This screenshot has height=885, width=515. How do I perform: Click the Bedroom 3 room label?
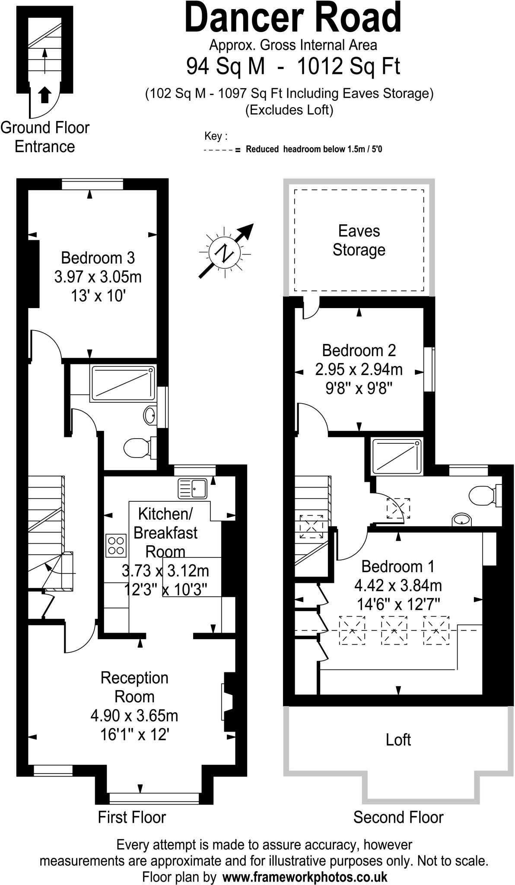98,258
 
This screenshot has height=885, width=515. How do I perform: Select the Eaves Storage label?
359,240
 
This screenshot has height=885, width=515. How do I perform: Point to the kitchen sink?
193,488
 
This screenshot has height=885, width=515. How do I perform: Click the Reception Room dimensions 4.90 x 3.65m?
134,716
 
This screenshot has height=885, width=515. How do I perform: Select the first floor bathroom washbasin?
150,416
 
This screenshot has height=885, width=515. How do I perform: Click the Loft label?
398,740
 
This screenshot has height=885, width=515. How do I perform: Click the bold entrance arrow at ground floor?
44,95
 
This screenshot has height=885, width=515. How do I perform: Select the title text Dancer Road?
293,18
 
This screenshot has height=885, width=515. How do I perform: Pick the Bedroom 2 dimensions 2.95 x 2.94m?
359,369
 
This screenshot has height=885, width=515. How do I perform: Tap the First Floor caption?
132,818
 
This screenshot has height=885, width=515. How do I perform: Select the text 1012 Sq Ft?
349,67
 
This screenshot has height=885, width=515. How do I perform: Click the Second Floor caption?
398,818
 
